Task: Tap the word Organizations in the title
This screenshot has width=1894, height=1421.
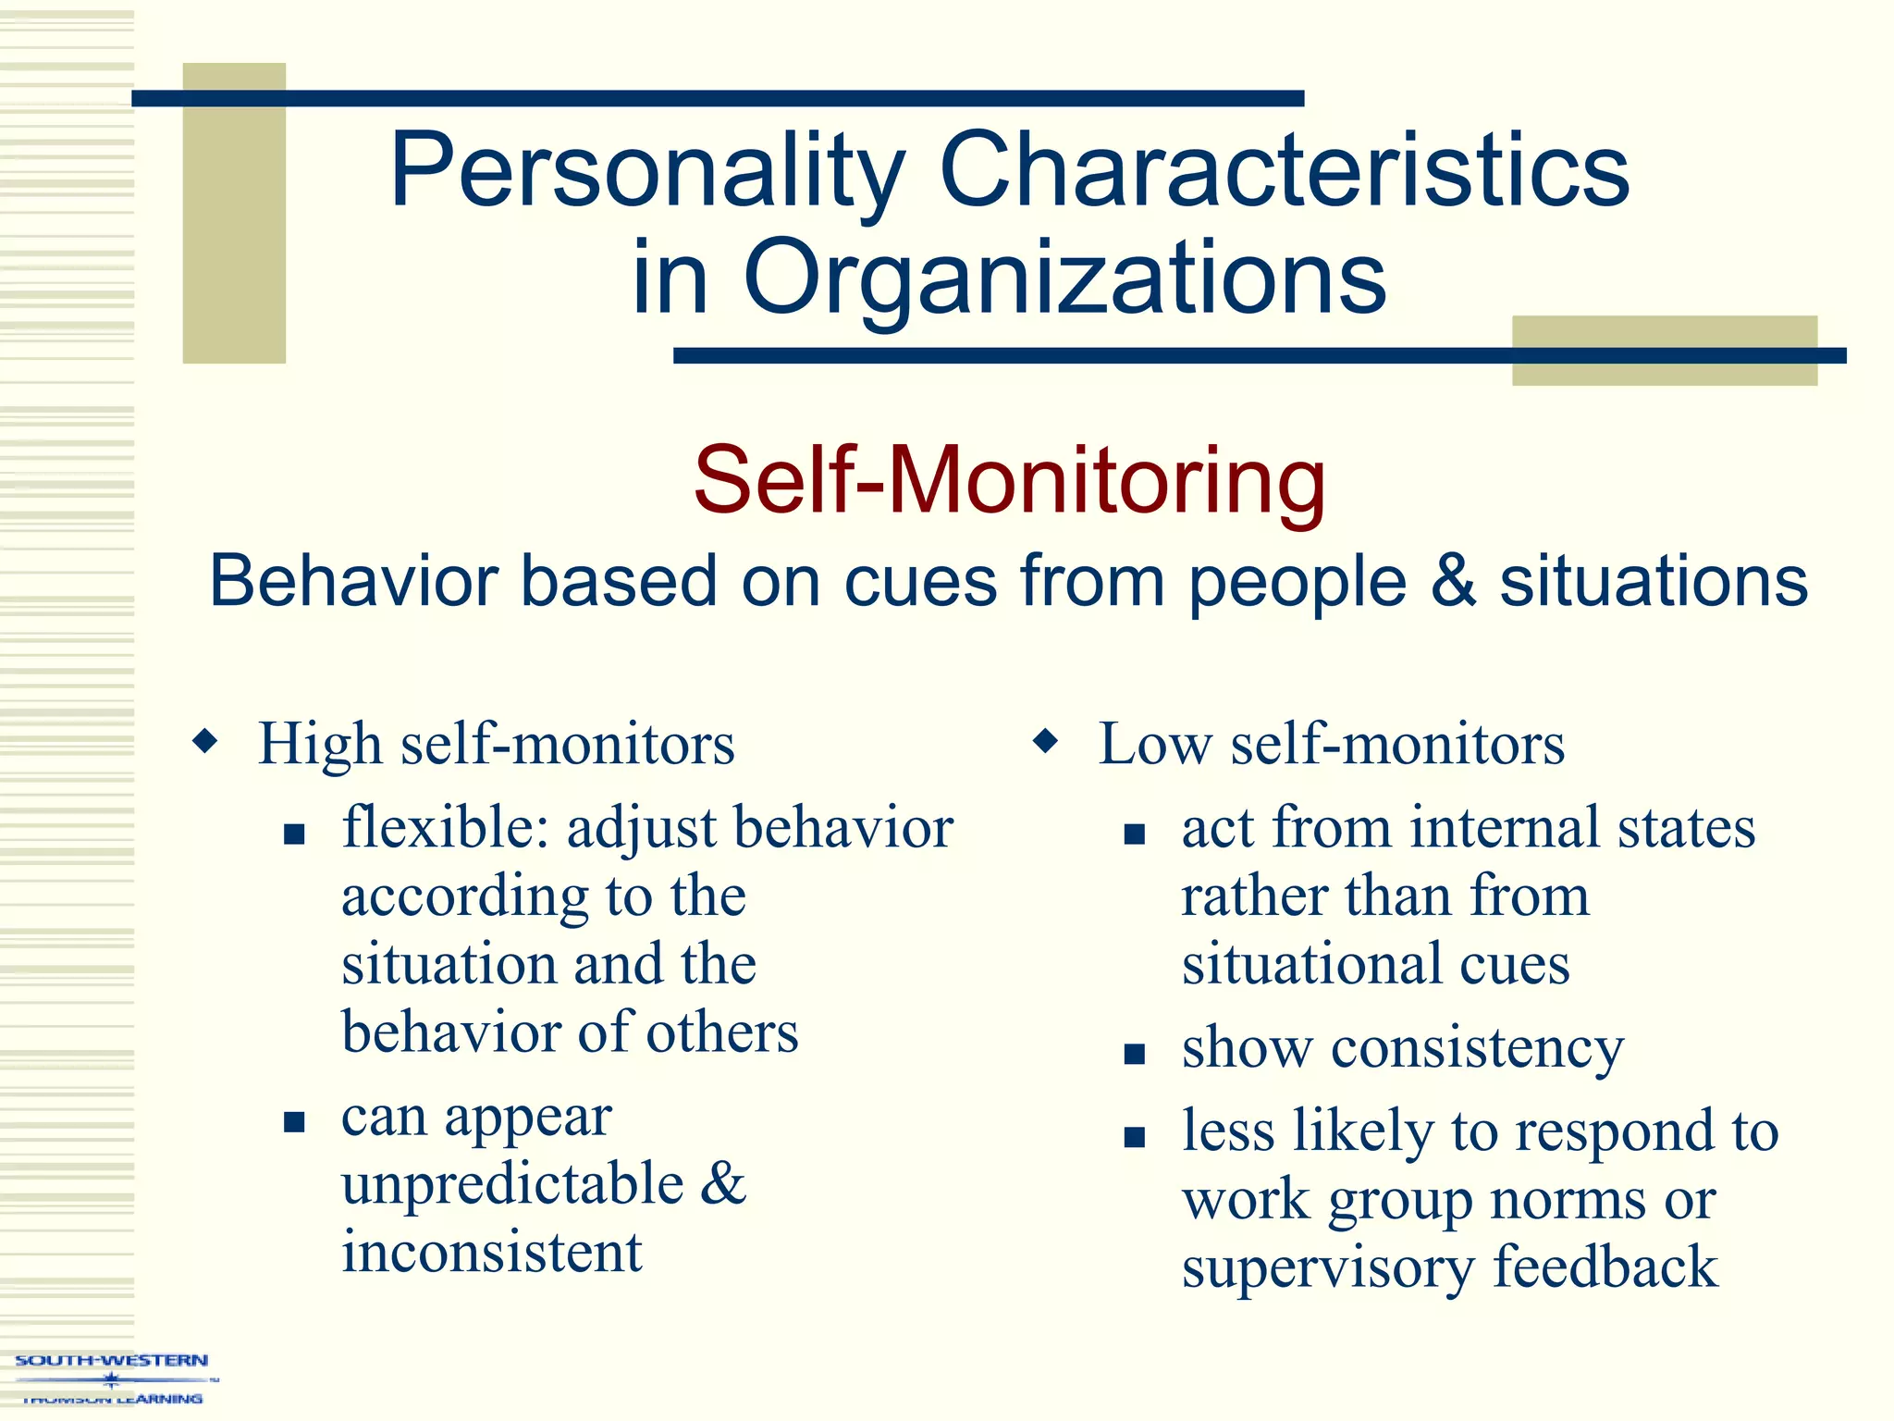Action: [x=1064, y=278]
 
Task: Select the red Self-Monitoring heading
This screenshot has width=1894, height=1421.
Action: [x=1009, y=481]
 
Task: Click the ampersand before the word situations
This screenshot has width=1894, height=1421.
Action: [x=1453, y=581]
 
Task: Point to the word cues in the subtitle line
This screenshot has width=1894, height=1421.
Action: [x=920, y=583]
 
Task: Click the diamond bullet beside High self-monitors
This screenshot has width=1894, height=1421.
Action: [x=205, y=741]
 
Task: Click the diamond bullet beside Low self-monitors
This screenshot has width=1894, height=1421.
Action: [x=1045, y=741]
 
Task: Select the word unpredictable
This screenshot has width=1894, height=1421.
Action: [x=512, y=1184]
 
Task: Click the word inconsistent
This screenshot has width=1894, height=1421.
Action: [x=491, y=1253]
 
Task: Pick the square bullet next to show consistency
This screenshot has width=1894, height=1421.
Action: [x=1135, y=1054]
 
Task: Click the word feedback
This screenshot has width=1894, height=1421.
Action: [x=1605, y=1267]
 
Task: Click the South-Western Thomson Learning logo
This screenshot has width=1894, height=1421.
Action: [x=112, y=1379]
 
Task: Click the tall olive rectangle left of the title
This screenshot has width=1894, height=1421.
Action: [x=234, y=213]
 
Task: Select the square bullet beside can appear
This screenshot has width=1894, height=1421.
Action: [x=294, y=1122]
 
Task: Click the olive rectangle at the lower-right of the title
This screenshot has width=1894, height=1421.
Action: [x=1664, y=351]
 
